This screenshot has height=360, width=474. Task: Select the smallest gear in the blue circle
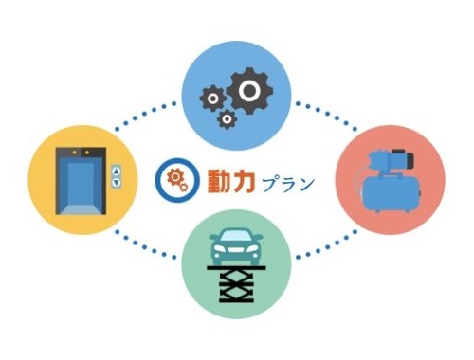pyautogui.click(x=227, y=118)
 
